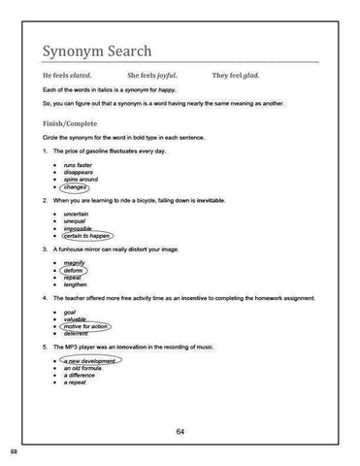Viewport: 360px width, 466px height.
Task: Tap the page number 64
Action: point(180,431)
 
